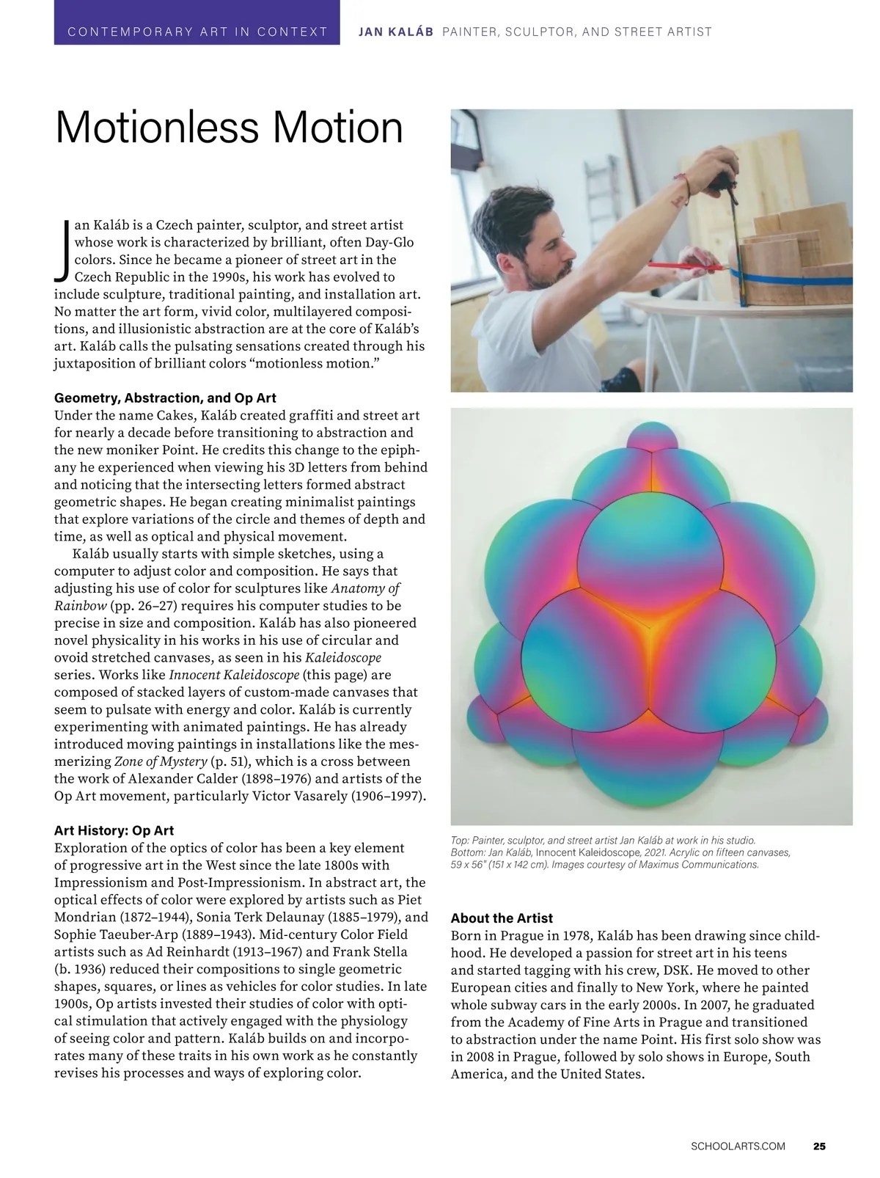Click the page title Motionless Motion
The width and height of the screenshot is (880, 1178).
(229, 127)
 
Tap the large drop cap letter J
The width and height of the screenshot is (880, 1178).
(62, 249)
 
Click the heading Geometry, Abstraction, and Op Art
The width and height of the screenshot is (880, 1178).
(165, 398)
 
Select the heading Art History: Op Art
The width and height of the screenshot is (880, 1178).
(114, 830)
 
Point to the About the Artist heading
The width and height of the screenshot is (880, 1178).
(502, 918)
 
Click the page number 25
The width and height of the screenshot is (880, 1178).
(819, 1146)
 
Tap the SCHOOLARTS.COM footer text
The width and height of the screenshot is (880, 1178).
(738, 1146)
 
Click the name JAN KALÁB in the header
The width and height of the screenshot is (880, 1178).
(395, 32)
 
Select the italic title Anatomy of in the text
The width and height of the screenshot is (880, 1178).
(365, 588)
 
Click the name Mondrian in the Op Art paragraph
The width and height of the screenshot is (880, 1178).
(90, 918)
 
